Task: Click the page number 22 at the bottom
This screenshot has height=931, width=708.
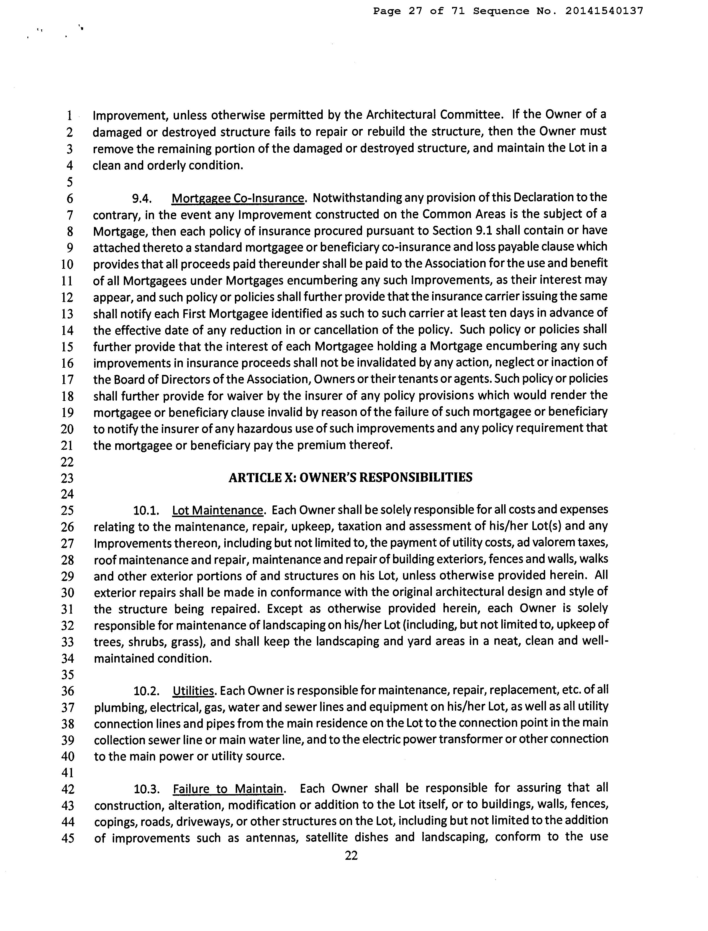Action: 351,855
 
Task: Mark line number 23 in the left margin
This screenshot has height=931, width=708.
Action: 67,478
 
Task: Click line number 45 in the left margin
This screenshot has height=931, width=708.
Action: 67,838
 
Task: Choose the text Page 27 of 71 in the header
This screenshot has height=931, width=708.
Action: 419,11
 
